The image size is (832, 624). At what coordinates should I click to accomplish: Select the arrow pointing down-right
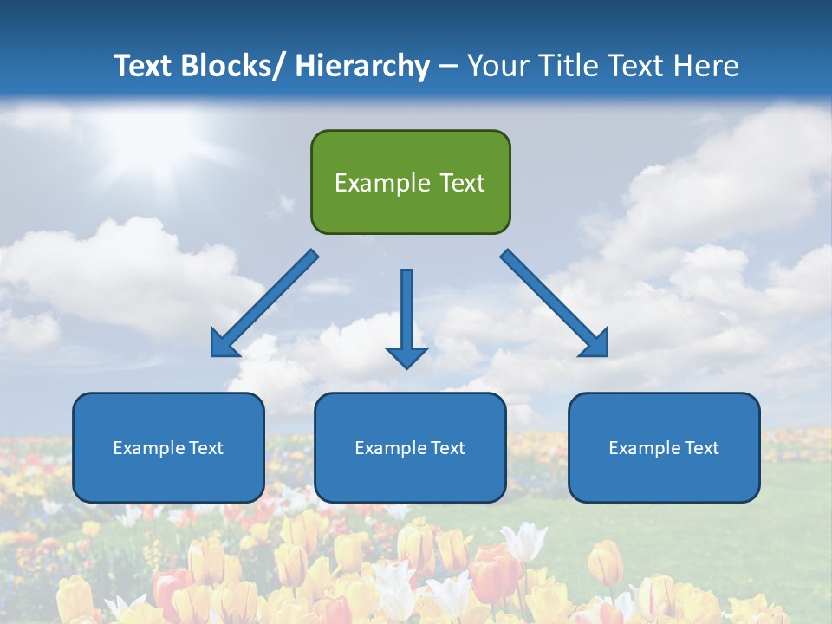tap(555, 303)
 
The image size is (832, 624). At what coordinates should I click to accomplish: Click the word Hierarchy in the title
tap(362, 66)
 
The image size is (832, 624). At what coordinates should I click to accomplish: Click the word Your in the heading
tap(497, 66)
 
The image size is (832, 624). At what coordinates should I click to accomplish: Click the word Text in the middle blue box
tap(446, 448)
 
